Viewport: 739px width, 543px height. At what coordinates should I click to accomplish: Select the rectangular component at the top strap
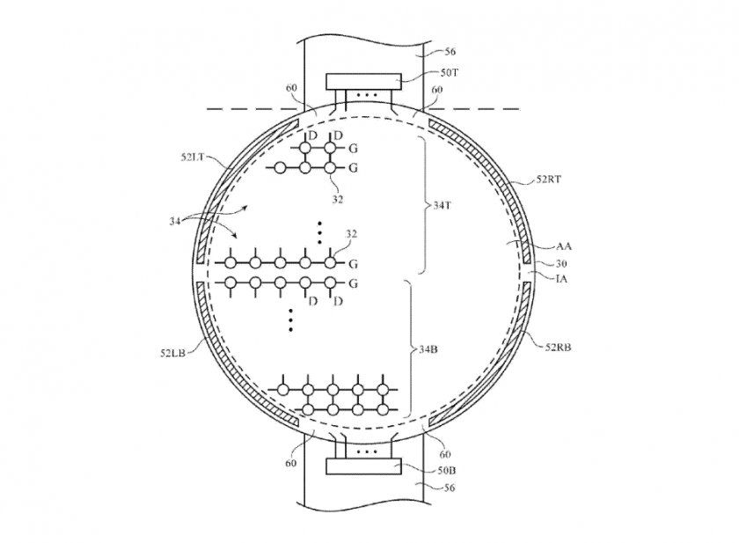[363, 81]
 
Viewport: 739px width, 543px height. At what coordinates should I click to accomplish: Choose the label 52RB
[560, 347]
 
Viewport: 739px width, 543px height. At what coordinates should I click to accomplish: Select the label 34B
[428, 350]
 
